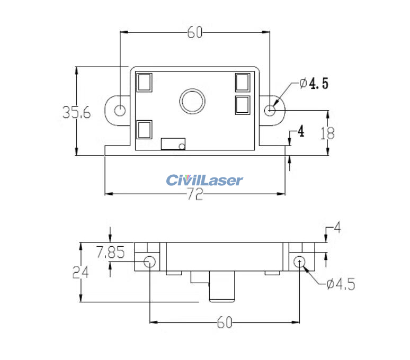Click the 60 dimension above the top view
pos(195,32)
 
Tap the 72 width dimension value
pos(195,195)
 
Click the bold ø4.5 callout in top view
pos(314,83)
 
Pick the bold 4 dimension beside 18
pos(300,131)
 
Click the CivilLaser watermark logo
pos(204,180)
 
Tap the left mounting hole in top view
pos(121,110)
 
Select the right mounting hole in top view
pos(270,110)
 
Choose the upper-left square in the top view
pos(144,83)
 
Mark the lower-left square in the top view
pos(144,130)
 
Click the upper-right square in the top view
pos(243,83)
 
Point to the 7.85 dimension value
pos(110,253)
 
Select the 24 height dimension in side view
pos(81,272)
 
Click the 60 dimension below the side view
pos(225,322)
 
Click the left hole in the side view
pos(150,261)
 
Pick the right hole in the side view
pos(300,261)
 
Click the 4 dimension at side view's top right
pos(337,229)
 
